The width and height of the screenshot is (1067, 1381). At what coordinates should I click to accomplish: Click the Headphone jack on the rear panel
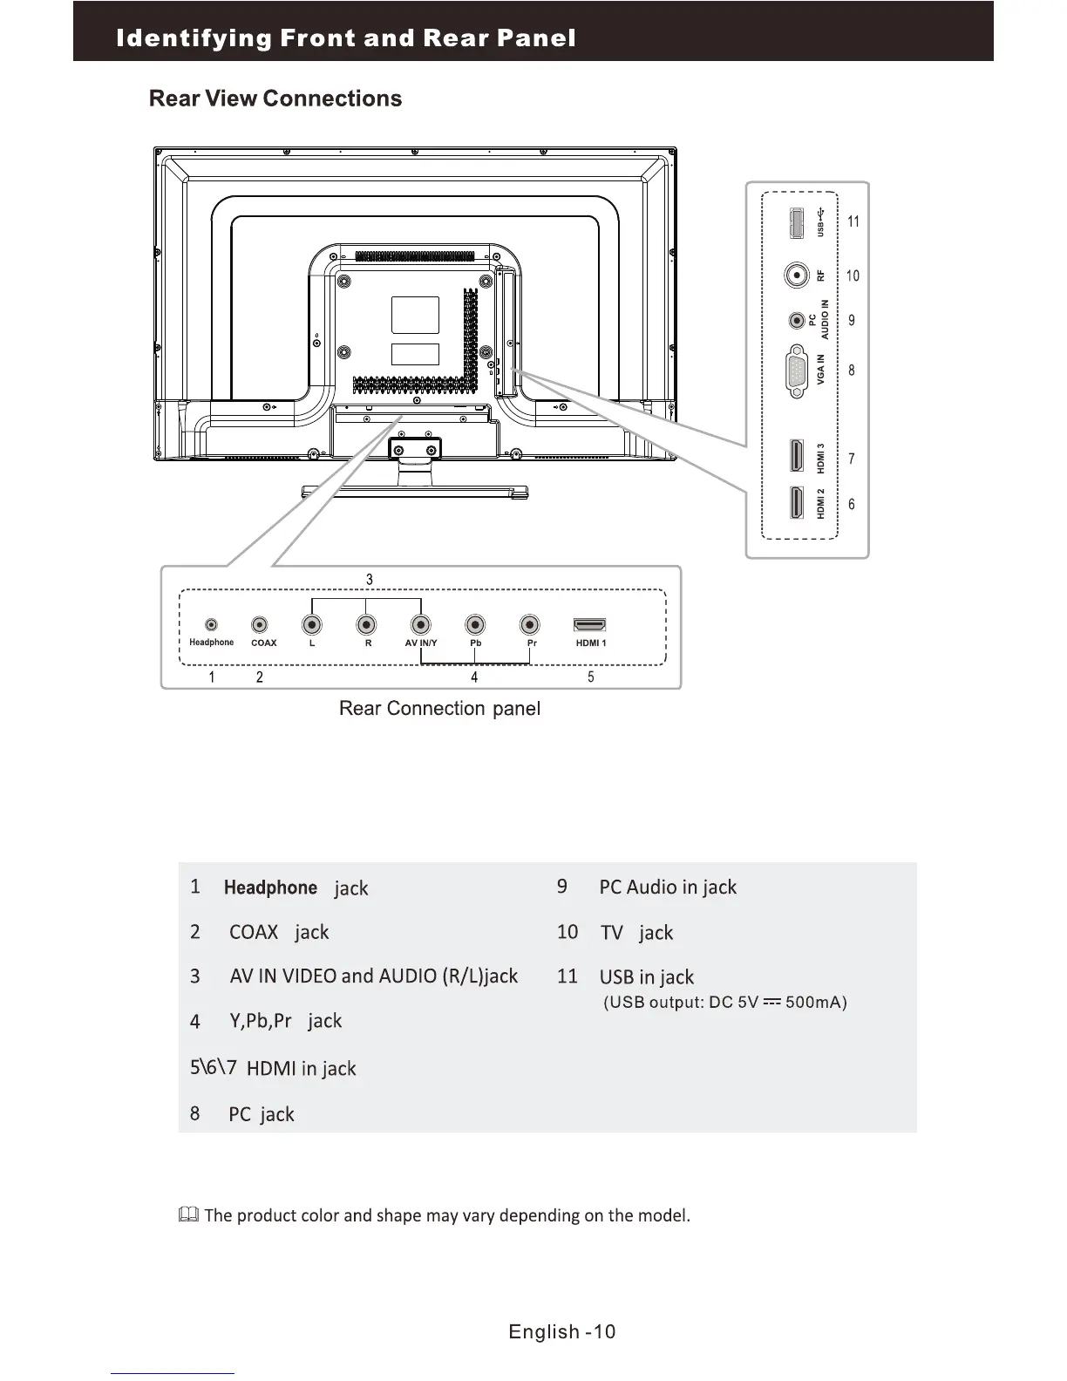click(x=211, y=625)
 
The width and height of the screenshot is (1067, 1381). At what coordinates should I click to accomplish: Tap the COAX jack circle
click(x=260, y=625)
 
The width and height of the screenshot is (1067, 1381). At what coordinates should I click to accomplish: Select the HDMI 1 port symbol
click(x=590, y=625)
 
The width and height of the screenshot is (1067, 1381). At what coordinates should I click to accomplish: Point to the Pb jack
click(x=475, y=625)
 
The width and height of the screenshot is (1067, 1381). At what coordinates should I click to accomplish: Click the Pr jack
click(x=529, y=625)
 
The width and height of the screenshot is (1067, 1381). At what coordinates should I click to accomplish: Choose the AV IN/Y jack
click(x=421, y=625)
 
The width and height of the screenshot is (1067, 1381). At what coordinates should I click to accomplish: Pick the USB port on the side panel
click(x=796, y=222)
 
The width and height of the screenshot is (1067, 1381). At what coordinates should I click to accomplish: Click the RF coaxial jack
click(x=796, y=276)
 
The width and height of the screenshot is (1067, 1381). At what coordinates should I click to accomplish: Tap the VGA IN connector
click(x=796, y=371)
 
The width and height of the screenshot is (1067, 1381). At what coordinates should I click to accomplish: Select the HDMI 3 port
click(x=797, y=458)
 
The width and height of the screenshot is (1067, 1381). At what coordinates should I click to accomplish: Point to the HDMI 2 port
click(x=797, y=503)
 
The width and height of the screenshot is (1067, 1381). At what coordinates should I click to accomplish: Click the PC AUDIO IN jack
click(x=796, y=321)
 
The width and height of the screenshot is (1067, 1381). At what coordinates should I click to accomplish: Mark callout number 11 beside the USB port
click(x=853, y=221)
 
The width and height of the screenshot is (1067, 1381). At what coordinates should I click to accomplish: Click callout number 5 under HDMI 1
click(x=591, y=677)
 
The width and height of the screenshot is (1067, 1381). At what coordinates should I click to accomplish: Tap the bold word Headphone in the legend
click(x=270, y=888)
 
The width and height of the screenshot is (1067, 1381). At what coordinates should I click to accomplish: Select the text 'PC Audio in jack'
click(x=668, y=888)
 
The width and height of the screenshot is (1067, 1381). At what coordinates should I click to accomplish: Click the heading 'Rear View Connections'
click(x=275, y=99)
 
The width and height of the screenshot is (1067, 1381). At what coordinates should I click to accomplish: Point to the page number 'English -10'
click(x=562, y=1331)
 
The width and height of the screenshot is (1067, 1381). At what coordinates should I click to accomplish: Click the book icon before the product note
click(x=188, y=1214)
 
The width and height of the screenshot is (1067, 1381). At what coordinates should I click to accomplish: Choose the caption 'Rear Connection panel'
click(x=439, y=708)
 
